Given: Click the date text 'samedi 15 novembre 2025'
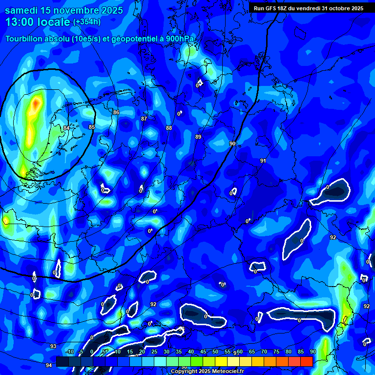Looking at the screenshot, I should point(64,10).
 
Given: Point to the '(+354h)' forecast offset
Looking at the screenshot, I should point(87,22).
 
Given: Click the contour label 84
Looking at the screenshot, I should point(66,128).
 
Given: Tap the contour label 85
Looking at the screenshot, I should point(91,127).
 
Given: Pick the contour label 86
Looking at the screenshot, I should point(116,112).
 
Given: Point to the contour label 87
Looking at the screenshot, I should point(144,119).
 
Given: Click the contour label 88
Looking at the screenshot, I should point(169,128).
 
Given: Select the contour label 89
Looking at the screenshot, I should point(198,137).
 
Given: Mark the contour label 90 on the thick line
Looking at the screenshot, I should point(232,144).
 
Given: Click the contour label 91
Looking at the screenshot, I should point(263,161).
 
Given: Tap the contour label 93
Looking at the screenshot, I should point(53,346).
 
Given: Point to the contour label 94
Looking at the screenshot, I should point(49,365).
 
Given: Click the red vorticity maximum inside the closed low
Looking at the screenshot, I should point(36,104).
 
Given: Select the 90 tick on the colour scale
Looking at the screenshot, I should point(312,352).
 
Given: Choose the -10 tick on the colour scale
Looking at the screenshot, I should point(70,352).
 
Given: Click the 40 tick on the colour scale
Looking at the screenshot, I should point(191,352).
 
